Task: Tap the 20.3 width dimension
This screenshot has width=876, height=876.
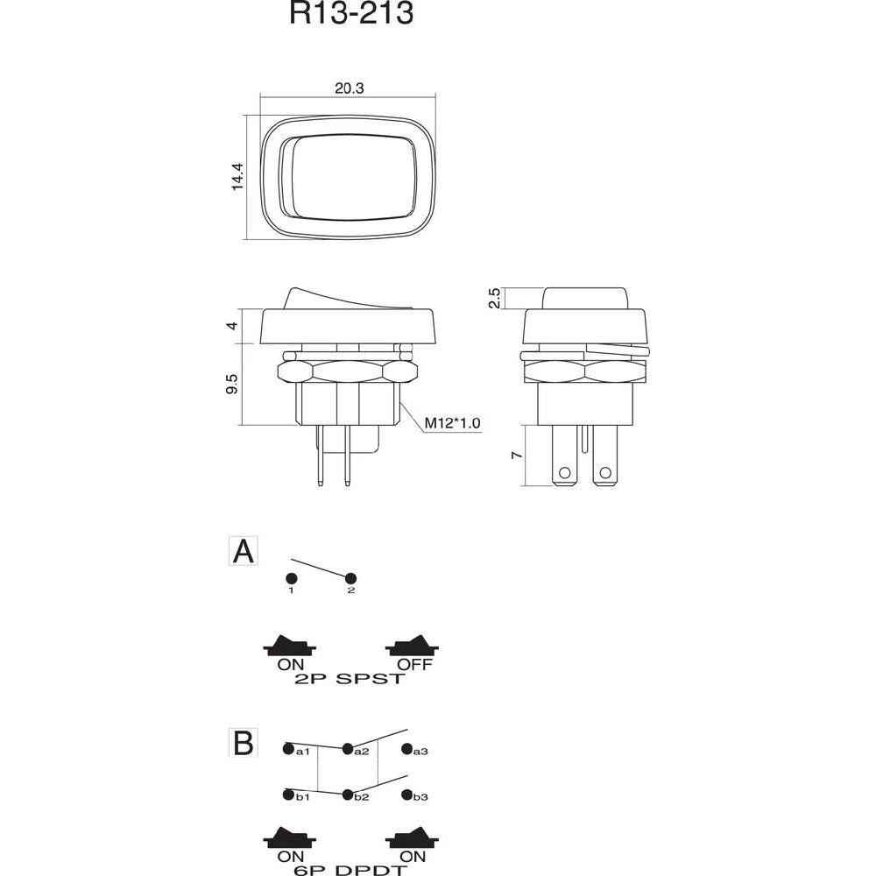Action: (x=349, y=87)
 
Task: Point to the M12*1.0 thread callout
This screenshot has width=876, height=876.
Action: (x=453, y=424)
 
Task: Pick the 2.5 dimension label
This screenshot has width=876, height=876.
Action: (x=495, y=299)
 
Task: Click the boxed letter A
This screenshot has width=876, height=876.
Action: (x=244, y=552)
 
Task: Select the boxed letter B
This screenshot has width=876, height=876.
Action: (x=244, y=743)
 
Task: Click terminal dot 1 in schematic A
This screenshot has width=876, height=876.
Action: (x=291, y=578)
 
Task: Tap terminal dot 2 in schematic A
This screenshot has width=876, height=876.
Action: (x=351, y=578)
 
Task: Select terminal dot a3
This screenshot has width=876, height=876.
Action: (x=406, y=749)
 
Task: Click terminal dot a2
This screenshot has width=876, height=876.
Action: (x=348, y=749)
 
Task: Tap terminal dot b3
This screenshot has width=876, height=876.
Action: (x=406, y=795)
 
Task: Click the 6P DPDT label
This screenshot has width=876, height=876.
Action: (x=351, y=870)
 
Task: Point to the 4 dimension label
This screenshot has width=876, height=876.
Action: (x=231, y=325)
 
